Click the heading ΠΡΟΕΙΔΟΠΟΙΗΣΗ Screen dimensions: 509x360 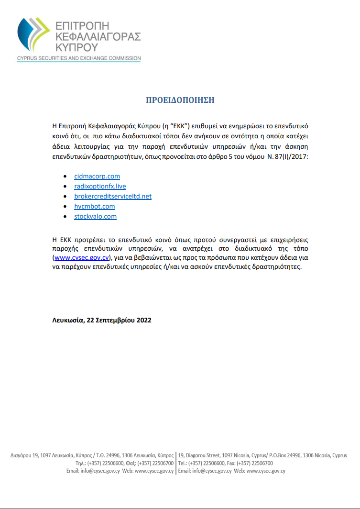click(x=180, y=100)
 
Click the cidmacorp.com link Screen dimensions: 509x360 click(x=97, y=176)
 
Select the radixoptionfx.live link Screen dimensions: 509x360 click(x=100, y=186)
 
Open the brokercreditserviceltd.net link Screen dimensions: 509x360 click(x=113, y=196)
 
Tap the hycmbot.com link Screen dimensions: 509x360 click(x=95, y=206)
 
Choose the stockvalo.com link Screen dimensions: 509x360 click(x=95, y=216)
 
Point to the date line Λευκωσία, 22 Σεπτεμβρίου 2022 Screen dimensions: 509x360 click(x=102, y=320)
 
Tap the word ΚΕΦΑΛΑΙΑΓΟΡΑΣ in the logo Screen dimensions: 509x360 click(x=98, y=36)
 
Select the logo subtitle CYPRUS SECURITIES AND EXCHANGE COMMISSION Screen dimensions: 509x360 click(x=79, y=58)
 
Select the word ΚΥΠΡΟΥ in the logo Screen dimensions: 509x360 click(x=76, y=47)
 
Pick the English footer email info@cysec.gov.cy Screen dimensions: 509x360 click(x=212, y=471)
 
